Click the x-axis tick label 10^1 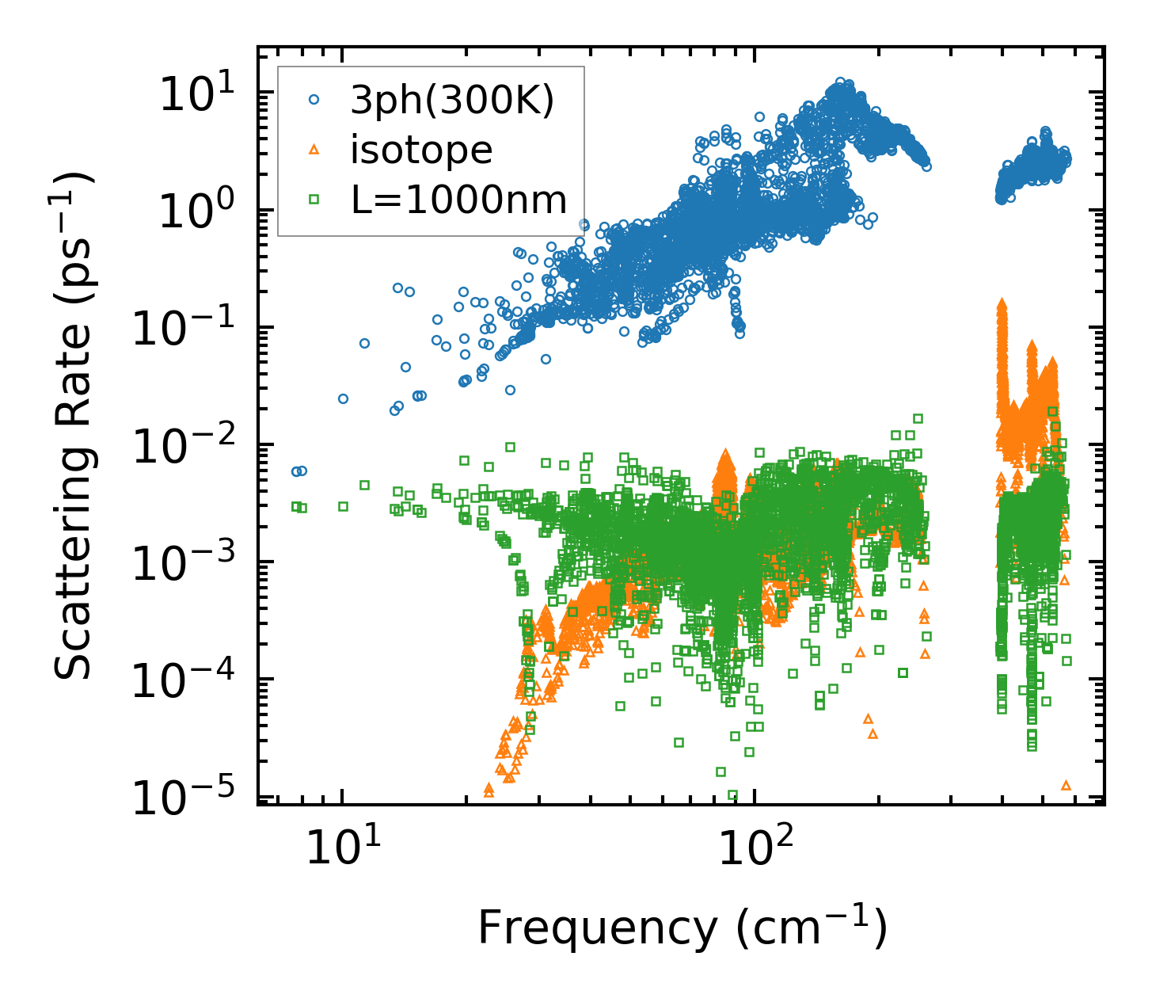pos(342,848)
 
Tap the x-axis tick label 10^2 pos(755,848)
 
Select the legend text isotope pos(421,150)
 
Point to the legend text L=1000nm pos(459,200)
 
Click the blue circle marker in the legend pos(314,100)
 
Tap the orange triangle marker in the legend pos(314,149)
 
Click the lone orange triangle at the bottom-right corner pos(1066,785)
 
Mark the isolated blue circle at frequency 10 pos(343,398)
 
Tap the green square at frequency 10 pos(343,506)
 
